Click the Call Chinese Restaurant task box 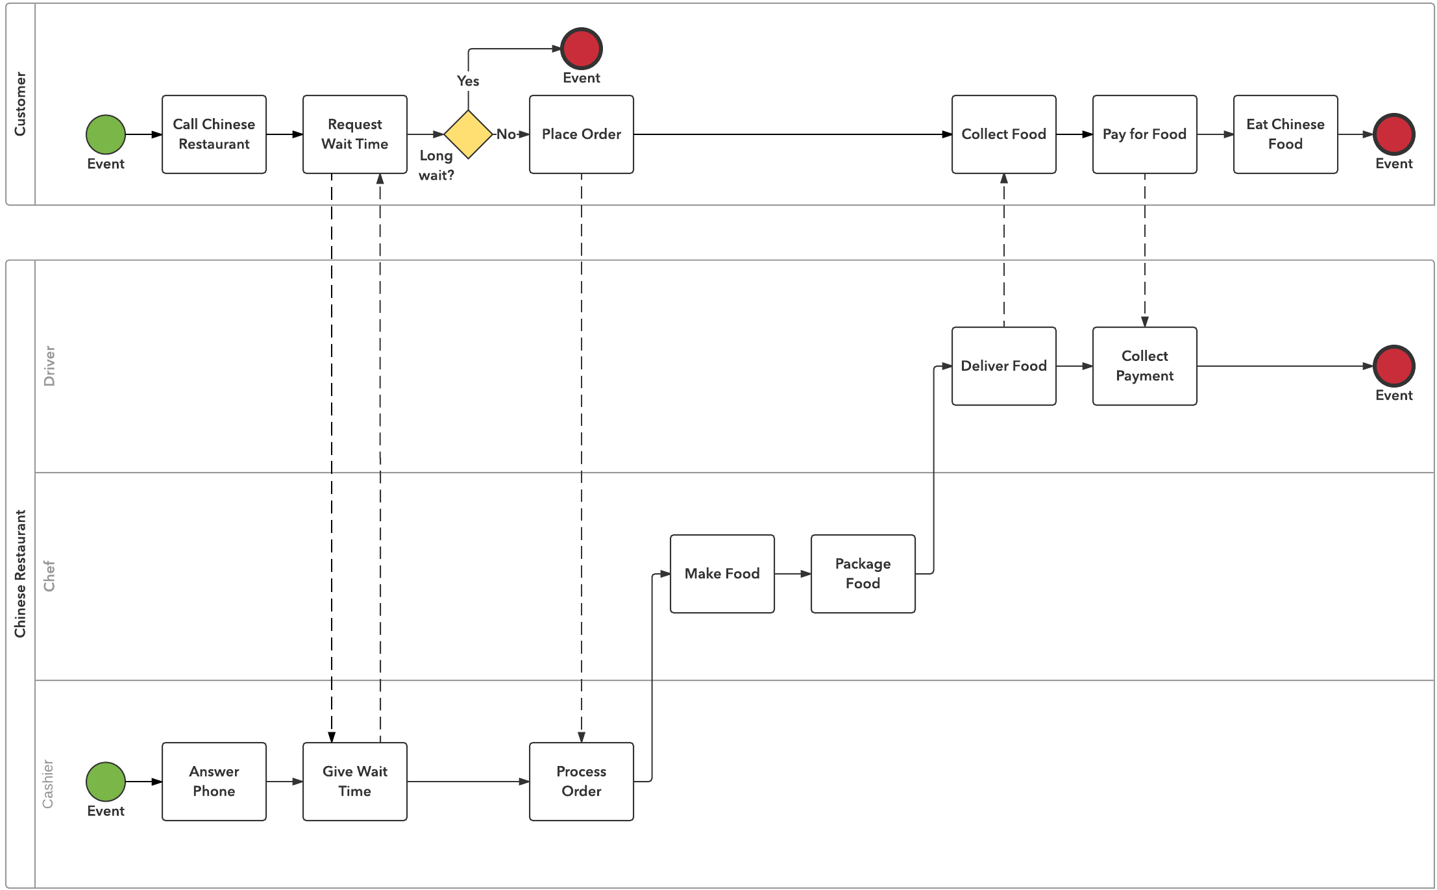[214, 134]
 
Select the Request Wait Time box [354, 134]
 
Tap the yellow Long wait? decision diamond [468, 134]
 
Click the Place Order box [581, 134]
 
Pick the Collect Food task [1003, 134]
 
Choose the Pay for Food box [1144, 134]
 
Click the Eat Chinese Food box [1285, 134]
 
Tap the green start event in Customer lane [106, 134]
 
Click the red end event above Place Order [581, 49]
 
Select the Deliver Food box [1003, 366]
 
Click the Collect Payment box [1144, 366]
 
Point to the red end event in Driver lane [1394, 366]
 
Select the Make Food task [722, 574]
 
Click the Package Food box [863, 574]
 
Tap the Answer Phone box [214, 782]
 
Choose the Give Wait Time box [354, 782]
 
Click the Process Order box [581, 782]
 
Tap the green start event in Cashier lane [106, 782]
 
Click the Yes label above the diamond [468, 81]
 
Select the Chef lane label [49, 576]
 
